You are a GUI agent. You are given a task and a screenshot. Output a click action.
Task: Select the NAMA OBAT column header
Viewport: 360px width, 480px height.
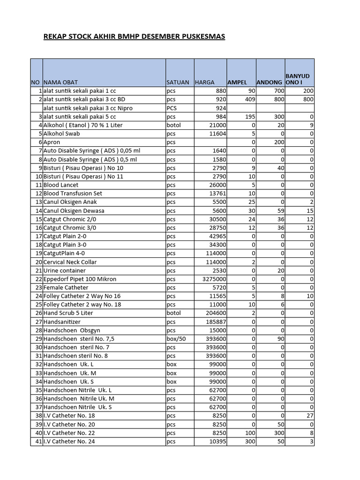[60, 82]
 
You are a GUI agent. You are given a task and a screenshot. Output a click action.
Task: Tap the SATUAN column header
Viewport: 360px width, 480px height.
[178, 82]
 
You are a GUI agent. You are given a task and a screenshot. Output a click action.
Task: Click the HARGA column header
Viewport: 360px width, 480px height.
[205, 82]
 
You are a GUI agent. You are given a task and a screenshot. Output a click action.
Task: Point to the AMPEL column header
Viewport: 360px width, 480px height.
[237, 82]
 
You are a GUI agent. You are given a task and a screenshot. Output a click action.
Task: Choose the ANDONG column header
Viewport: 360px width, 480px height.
[270, 82]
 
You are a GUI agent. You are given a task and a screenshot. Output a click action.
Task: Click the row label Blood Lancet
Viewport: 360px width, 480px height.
[61, 185]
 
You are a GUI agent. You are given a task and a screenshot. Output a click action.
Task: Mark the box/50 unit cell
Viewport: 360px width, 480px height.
[176, 339]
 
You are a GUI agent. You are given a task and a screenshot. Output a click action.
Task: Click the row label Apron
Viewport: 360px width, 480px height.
[52, 142]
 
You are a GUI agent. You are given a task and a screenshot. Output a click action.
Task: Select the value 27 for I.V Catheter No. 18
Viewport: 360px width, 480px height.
[309, 416]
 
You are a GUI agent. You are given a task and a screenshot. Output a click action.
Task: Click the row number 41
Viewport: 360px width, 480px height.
[38, 442]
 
